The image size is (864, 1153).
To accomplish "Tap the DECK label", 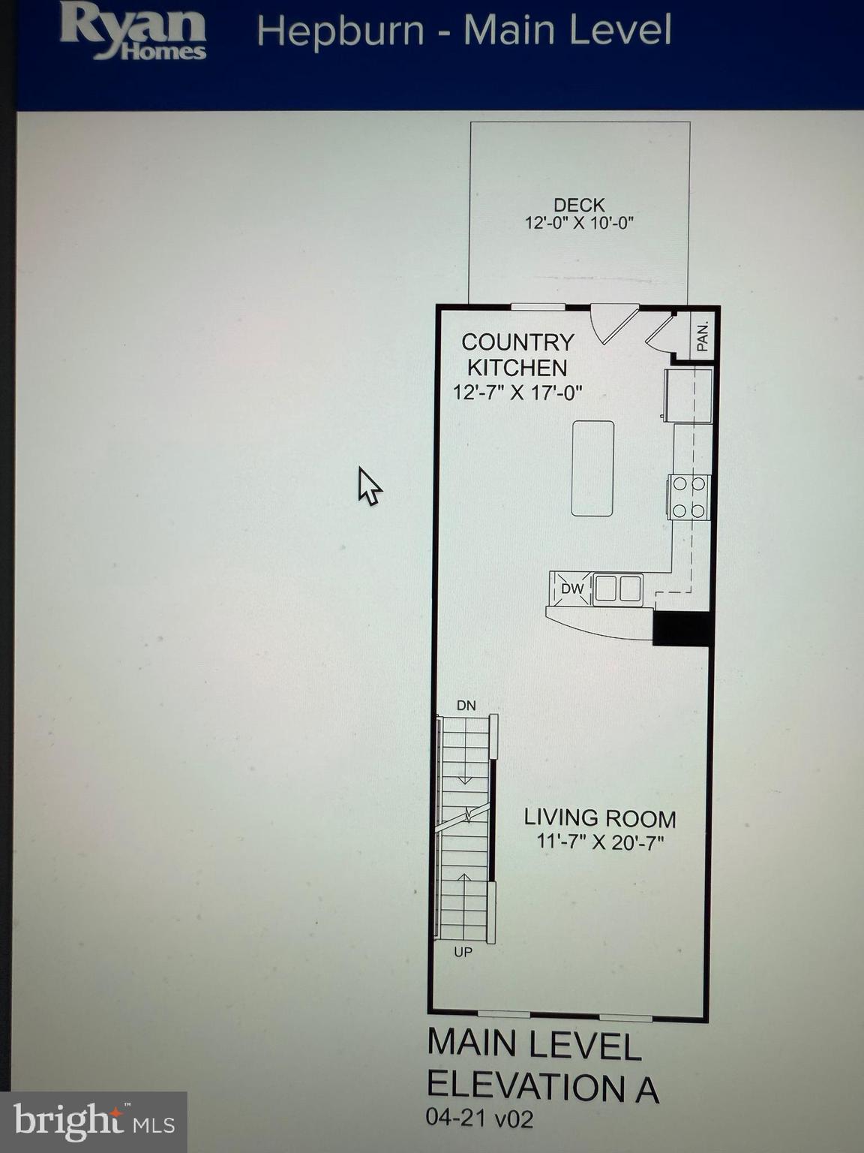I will click(579, 205).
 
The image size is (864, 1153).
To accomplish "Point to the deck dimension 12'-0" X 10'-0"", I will click(579, 223).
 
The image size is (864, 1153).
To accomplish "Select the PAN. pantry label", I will click(703, 337).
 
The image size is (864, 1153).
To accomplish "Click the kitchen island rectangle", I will click(592, 468).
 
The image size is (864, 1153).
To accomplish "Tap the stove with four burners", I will click(689, 497).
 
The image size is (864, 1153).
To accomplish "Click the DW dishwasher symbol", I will click(571, 589).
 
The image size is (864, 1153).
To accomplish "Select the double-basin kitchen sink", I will click(618, 589).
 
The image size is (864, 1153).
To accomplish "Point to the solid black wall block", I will click(681, 628).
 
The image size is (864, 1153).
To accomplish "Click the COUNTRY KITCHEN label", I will click(517, 354).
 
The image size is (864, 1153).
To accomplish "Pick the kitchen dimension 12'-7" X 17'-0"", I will click(517, 393).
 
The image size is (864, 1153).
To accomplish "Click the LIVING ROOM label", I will click(600, 818).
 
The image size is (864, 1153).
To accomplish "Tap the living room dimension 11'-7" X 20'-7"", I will click(600, 842).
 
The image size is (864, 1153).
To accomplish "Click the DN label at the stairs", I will click(466, 706).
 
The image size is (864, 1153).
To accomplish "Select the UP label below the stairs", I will click(463, 953).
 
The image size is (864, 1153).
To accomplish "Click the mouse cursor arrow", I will click(368, 486).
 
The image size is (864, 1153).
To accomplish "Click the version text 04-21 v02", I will click(480, 1119).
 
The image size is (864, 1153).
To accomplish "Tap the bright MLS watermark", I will click(94, 1123).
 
